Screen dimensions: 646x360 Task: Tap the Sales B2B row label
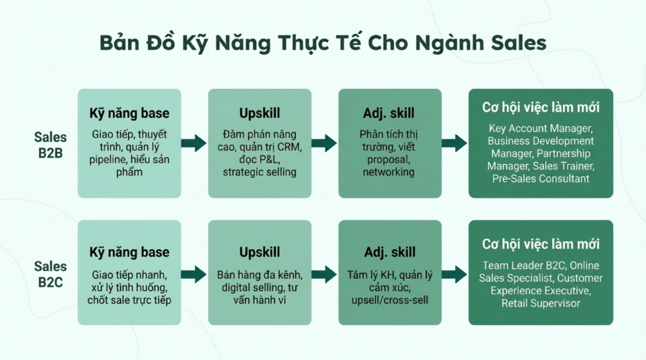pos(50,145)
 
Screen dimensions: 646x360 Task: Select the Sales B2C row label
pos(50,274)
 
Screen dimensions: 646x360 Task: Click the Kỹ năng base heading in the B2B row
pos(129,113)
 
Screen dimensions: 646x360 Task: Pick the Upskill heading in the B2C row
pos(259,252)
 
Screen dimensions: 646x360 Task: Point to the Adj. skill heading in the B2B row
pos(389,113)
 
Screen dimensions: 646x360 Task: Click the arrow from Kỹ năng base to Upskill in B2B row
pos(194,143)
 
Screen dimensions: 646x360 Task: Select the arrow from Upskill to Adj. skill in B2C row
pos(324,274)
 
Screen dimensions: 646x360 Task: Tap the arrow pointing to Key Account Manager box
pos(454,143)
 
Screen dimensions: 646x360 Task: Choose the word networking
pos(389,172)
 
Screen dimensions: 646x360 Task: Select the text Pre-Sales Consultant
pos(541,179)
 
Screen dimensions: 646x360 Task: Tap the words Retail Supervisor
pos(541,303)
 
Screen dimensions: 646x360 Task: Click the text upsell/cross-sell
pos(390,300)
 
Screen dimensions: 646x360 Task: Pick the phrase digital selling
pos(251,287)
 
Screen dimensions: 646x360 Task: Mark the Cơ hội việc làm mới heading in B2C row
pos(541,244)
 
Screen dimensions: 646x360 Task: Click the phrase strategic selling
pos(259,172)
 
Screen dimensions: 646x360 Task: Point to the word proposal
pos(389,160)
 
